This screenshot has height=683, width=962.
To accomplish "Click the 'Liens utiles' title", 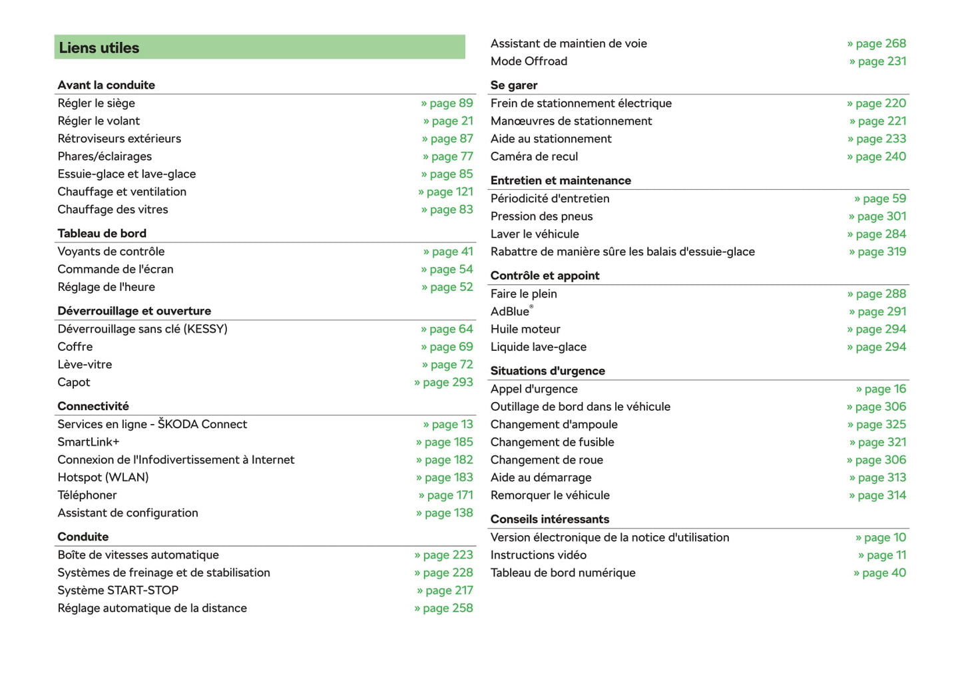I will [x=99, y=48].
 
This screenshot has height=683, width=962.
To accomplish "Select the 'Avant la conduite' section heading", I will [x=107, y=85].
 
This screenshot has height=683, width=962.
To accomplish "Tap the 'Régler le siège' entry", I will [x=97, y=103].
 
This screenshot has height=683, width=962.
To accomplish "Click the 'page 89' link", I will [x=447, y=103].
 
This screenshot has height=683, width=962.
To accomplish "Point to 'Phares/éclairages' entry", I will [x=105, y=156].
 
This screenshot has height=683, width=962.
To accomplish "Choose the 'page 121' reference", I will [x=446, y=192].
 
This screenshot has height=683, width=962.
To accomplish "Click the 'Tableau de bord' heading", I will [x=102, y=234].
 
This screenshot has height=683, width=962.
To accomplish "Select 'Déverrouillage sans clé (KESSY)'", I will [x=142, y=329].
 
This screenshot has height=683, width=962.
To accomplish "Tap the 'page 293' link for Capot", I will [x=444, y=382].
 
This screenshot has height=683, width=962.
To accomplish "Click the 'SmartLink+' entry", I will [x=89, y=442].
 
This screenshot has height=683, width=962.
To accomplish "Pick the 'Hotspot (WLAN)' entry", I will [x=103, y=477].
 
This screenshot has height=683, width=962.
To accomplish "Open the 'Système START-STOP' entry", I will [x=118, y=590].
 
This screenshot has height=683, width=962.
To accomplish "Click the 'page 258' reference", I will [x=444, y=608].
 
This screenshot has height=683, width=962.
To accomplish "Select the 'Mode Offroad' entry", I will [x=529, y=61].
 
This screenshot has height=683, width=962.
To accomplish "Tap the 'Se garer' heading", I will [x=514, y=85].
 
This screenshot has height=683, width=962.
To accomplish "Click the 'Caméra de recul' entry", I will [x=535, y=156].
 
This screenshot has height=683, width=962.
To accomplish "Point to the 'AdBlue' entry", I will [x=511, y=312].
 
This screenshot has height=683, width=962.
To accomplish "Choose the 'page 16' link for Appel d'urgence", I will [x=881, y=389].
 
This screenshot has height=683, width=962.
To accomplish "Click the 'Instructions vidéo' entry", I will [x=539, y=555].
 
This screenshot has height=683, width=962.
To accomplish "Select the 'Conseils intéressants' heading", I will [x=550, y=519].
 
